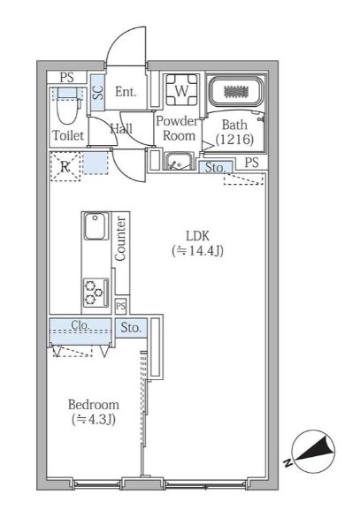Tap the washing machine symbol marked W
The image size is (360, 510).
click(x=182, y=90)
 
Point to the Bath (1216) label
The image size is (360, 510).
click(x=236, y=133)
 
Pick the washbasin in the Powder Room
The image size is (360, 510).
click(x=179, y=161)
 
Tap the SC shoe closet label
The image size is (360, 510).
click(x=98, y=90)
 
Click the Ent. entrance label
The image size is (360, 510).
click(x=125, y=90)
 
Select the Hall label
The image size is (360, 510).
click(x=121, y=129)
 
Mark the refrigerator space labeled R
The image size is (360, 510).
click(x=65, y=164)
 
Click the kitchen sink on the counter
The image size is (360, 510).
click(x=95, y=227)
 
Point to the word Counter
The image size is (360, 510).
click(x=120, y=237)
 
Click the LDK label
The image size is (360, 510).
click(x=198, y=235)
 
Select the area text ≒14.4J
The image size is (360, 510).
click(x=198, y=251)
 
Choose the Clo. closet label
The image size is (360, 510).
click(x=80, y=325)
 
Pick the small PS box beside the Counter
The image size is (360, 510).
click(x=121, y=305)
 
